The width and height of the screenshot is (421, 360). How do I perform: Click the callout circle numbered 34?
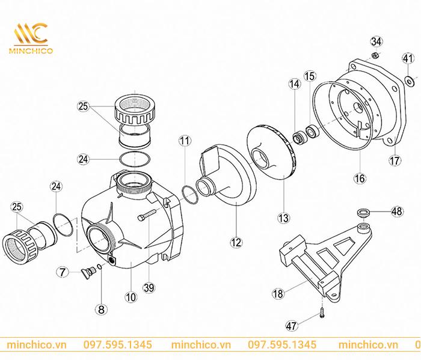[x=376, y=41]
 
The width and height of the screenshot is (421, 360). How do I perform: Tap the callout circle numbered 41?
[x=408, y=58]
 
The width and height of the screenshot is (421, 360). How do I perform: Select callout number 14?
[x=294, y=85]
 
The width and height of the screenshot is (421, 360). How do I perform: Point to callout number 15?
[x=310, y=76]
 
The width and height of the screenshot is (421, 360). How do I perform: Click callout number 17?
[x=395, y=162]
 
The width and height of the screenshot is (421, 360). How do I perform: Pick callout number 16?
[x=359, y=178]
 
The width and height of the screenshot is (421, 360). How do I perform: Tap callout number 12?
[x=236, y=242]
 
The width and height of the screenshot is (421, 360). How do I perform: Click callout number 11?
[x=185, y=141]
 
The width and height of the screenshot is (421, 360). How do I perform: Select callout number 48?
[x=396, y=211]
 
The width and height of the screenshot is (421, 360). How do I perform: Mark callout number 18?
[x=278, y=294]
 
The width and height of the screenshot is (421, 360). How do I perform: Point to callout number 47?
[x=292, y=326]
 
